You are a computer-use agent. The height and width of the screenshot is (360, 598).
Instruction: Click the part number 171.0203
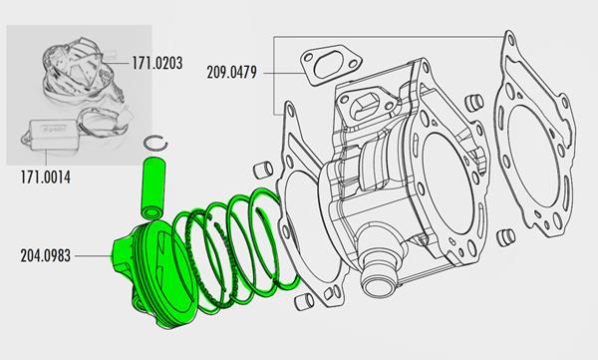point(157,63)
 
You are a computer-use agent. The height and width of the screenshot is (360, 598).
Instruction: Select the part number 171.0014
point(46,178)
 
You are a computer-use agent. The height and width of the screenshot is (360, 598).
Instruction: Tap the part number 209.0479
point(232,72)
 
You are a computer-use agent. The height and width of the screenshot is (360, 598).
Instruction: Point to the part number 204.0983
point(46,255)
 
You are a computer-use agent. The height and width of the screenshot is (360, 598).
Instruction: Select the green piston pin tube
point(153,189)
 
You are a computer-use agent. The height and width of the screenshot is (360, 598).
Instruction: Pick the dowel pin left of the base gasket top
point(263,170)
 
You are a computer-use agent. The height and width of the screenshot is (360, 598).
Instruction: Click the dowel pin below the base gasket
point(304,302)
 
